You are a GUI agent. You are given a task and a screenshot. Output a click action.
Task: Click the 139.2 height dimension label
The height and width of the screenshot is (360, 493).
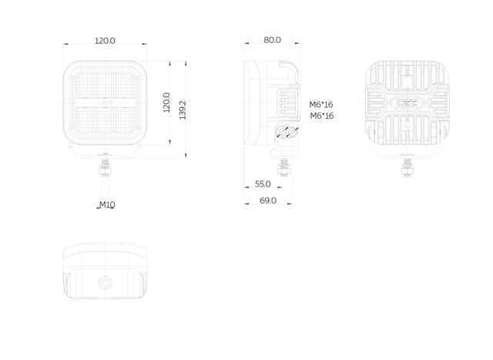click(x=183, y=110)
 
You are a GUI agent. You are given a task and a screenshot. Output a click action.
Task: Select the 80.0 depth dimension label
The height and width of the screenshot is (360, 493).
click(x=272, y=40)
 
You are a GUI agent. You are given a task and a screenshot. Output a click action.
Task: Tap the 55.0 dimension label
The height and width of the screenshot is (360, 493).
click(x=263, y=184)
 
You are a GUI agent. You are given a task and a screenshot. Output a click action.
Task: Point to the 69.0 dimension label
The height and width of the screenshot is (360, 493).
click(x=268, y=200)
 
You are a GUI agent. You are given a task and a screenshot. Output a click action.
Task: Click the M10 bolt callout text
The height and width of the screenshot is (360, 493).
click(x=107, y=205)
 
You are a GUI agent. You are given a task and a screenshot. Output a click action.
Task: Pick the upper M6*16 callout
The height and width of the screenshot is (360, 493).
click(x=321, y=105)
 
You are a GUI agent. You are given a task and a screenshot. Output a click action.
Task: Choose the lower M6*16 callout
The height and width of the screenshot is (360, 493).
click(x=322, y=116)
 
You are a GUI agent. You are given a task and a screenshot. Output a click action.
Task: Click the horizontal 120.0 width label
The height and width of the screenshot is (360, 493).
click(x=105, y=41)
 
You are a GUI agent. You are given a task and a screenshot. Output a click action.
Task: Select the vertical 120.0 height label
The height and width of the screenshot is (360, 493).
click(x=166, y=103)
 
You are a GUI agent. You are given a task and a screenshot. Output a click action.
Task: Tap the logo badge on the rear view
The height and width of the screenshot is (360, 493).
click(x=407, y=103)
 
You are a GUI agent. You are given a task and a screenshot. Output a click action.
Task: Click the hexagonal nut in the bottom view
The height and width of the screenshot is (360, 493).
click(x=105, y=283)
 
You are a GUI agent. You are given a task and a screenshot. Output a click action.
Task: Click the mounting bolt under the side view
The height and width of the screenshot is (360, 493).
click(x=284, y=168)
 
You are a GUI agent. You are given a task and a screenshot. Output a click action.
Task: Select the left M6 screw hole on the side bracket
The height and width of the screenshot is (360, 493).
click(x=283, y=133)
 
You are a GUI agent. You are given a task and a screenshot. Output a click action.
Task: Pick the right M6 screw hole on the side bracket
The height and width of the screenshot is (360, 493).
click(x=293, y=133)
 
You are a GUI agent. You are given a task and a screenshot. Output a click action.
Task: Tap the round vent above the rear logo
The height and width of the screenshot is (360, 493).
click(x=407, y=82)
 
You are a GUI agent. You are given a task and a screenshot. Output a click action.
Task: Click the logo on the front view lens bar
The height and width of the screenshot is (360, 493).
click(x=105, y=103)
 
